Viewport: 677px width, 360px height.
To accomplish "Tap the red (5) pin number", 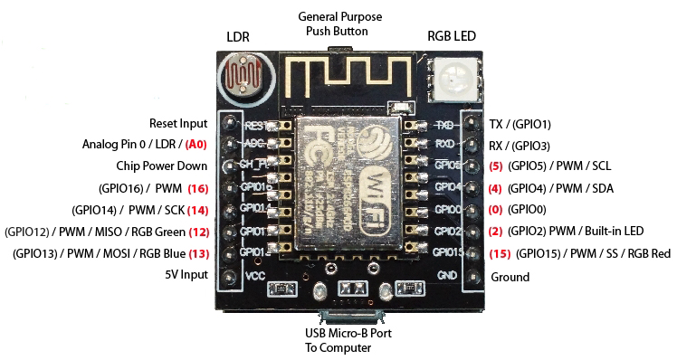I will pyautogui.click(x=495, y=166).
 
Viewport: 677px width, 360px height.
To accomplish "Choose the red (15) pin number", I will pyautogui.click(x=498, y=254).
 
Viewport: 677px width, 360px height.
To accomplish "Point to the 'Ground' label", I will pyautogui.click(x=510, y=277).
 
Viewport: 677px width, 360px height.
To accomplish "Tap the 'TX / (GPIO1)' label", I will pyautogui.click(x=520, y=124).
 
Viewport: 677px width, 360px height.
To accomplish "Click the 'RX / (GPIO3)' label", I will pyautogui.click(x=520, y=145).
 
